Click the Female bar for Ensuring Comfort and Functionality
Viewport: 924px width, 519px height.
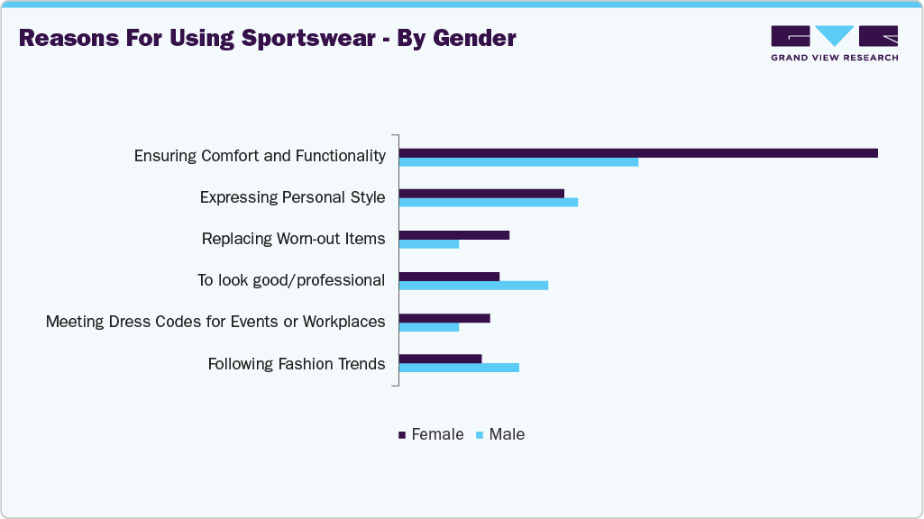point(638,153)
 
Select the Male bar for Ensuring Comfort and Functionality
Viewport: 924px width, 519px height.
point(518,162)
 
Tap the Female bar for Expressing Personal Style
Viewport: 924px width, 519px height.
point(481,193)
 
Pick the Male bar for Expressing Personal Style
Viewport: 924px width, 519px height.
point(488,202)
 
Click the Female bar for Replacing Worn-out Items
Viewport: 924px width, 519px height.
point(454,235)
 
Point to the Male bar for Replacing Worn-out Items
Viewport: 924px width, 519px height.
point(429,244)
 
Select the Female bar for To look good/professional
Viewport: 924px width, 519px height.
point(449,277)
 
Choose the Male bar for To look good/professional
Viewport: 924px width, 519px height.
point(473,286)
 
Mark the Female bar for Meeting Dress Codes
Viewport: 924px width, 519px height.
point(444,318)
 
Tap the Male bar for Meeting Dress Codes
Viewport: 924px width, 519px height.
point(429,327)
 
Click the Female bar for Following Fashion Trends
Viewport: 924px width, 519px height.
point(441,359)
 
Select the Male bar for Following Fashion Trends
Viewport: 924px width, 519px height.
point(459,368)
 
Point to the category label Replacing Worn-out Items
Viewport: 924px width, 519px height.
point(293,239)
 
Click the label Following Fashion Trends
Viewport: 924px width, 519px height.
point(297,364)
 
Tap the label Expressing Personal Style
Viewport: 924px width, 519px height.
point(292,197)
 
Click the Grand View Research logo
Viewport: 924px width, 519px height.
point(834,43)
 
